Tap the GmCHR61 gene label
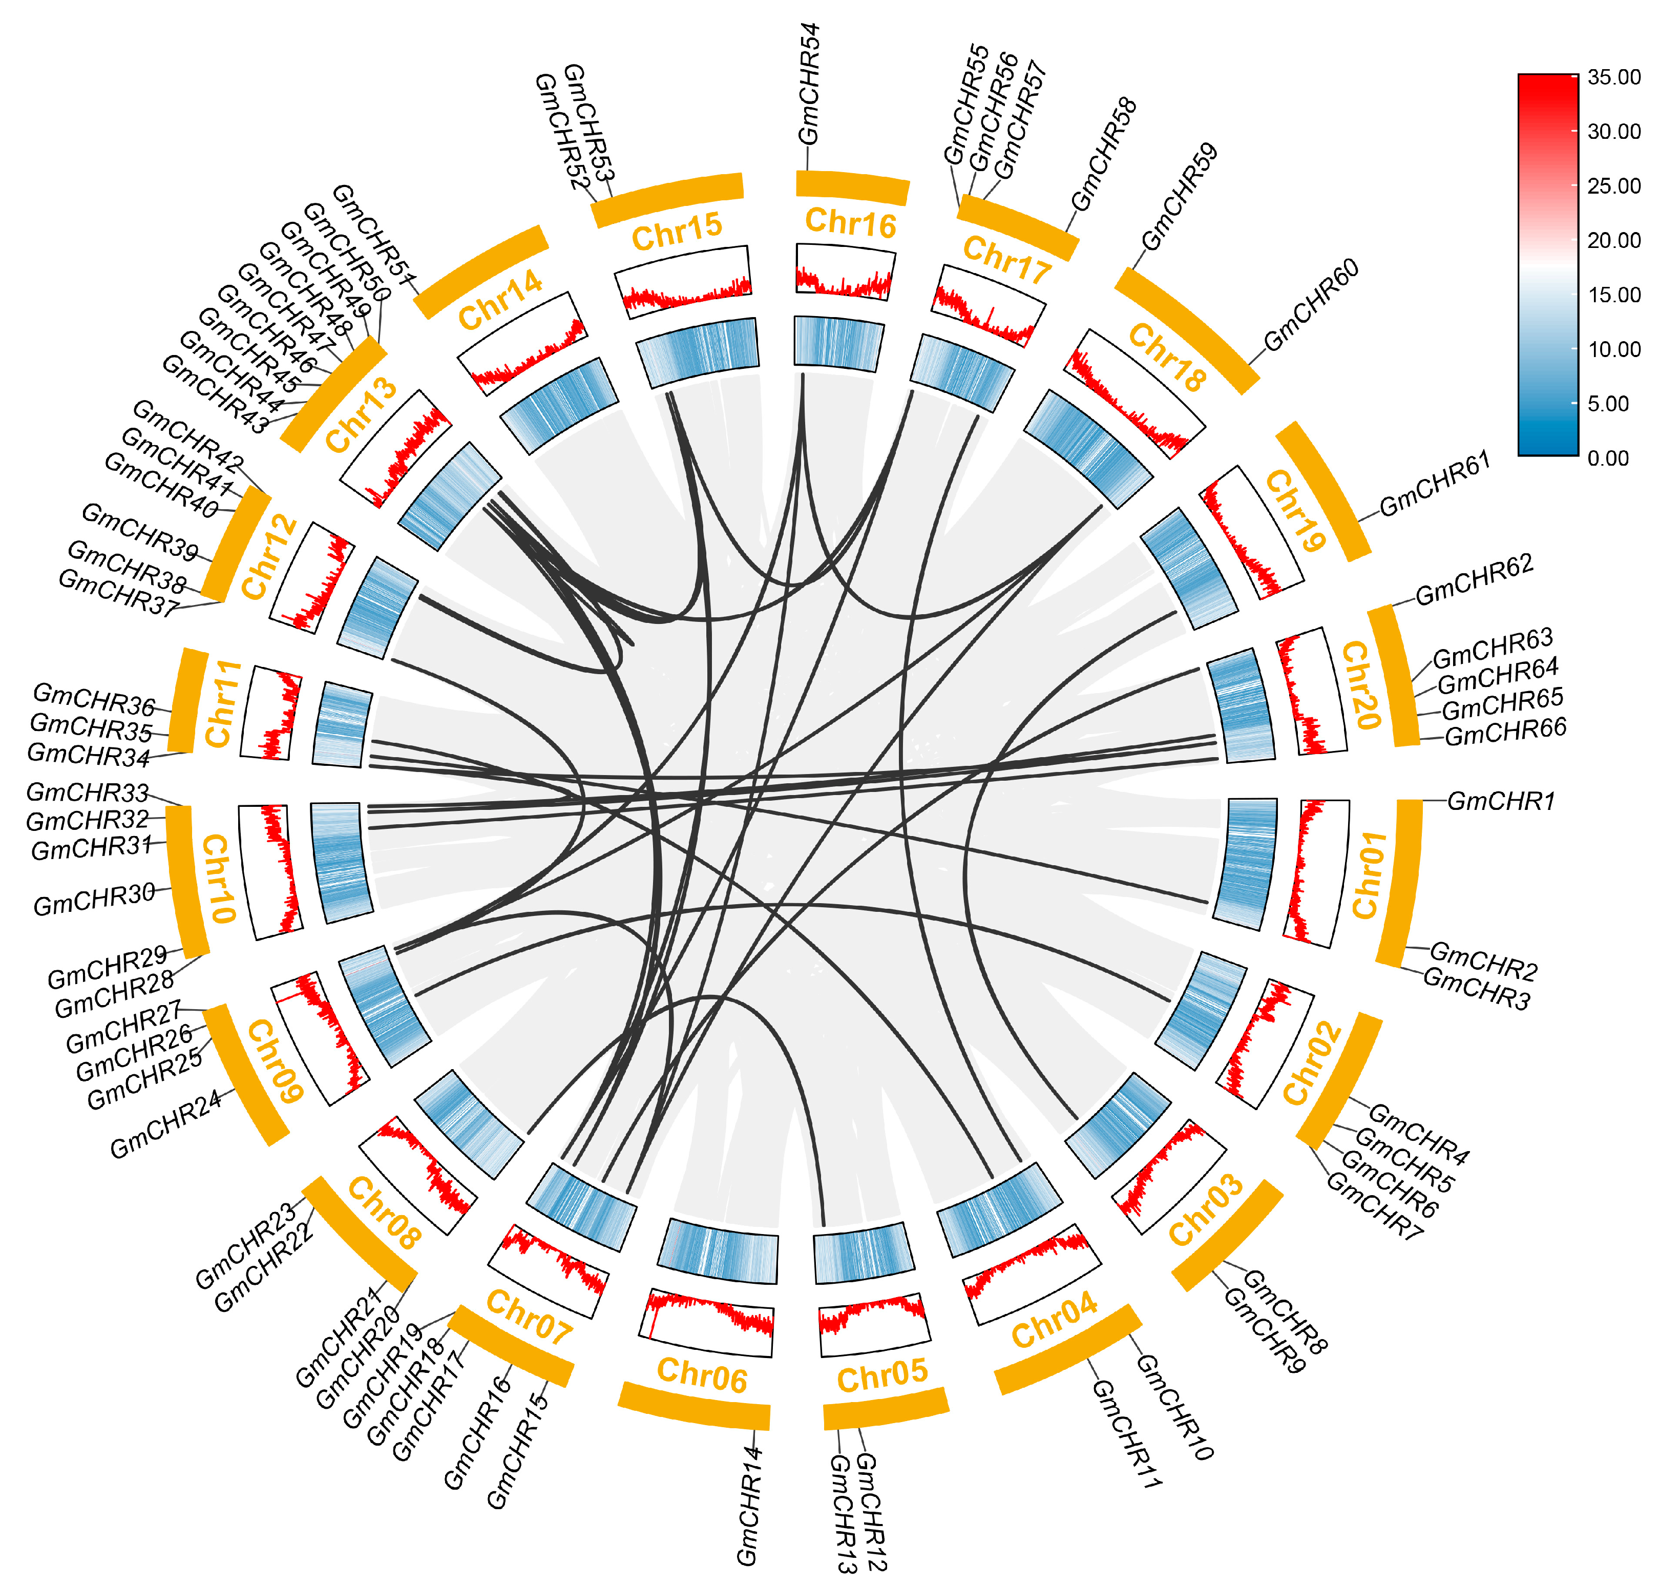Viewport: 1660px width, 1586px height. coord(1434,484)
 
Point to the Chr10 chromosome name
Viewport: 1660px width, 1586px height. coord(218,879)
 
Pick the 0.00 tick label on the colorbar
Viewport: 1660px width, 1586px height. coord(1608,458)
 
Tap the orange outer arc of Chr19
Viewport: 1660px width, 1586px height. coord(1323,490)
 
